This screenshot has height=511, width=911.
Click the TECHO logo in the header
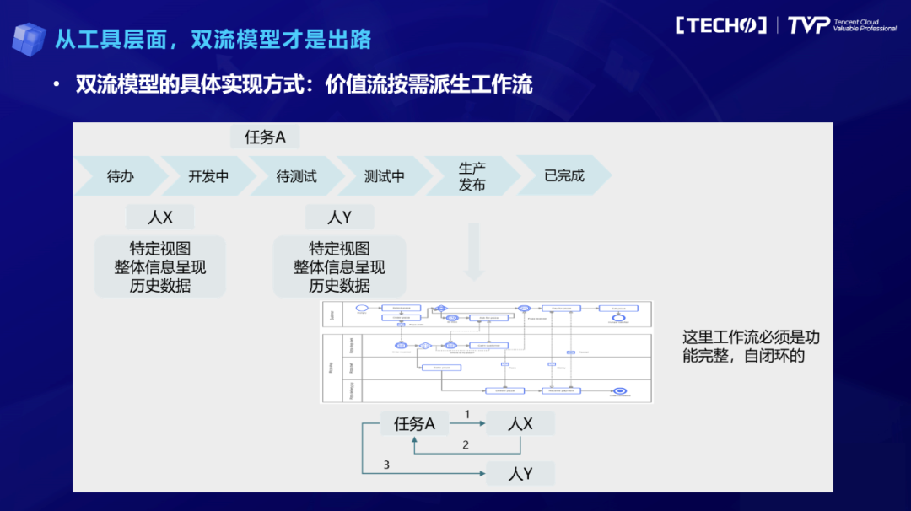[721, 25]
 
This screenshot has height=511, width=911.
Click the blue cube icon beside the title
[29, 39]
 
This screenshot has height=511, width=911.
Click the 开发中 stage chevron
[208, 176]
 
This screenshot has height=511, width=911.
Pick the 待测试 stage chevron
[296, 176]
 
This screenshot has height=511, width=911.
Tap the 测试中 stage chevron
[384, 176]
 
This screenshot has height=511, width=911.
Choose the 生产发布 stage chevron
[472, 176]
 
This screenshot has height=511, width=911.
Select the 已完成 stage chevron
[563, 176]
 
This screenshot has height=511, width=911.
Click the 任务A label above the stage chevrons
[265, 137]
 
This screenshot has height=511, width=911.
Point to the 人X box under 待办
[160, 217]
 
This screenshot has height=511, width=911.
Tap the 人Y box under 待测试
[339, 217]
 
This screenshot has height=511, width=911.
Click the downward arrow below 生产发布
[473, 252]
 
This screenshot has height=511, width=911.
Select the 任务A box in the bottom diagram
[414, 424]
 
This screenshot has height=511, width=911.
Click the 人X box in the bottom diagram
[520, 424]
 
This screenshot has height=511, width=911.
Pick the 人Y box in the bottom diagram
[520, 473]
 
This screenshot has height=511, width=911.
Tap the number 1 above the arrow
[467, 414]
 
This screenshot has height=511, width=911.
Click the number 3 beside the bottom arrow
[386, 465]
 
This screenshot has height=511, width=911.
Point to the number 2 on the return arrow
[465, 444]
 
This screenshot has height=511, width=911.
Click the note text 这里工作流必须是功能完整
[751, 347]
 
